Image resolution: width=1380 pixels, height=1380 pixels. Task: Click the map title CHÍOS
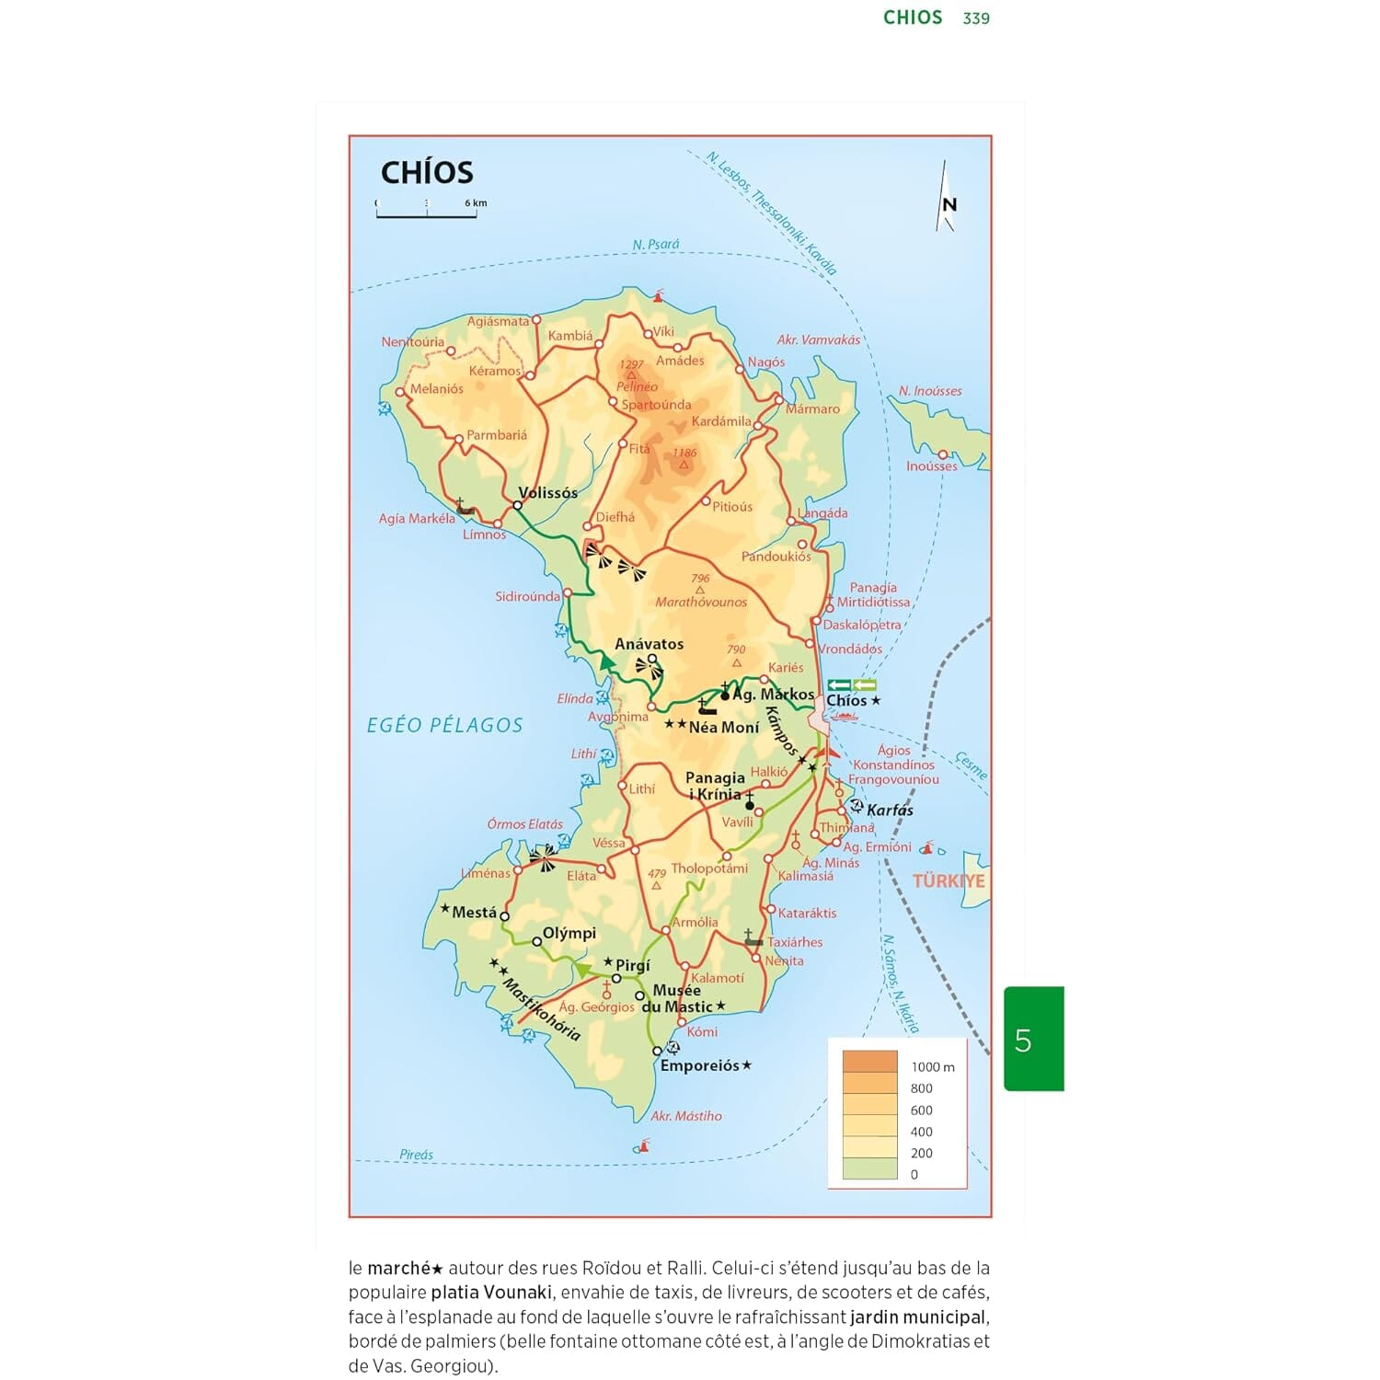tap(427, 172)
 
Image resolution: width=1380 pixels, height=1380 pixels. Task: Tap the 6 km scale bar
tap(426, 214)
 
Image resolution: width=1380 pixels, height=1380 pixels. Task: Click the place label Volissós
tap(547, 492)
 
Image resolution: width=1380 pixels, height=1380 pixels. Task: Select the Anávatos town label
tap(649, 644)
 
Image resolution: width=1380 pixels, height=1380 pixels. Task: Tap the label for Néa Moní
tap(723, 727)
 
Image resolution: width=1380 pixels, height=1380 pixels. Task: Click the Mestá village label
tap(474, 912)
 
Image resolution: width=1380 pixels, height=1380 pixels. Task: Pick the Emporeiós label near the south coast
tap(699, 1065)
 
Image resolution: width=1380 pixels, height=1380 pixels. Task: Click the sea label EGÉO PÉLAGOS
tap(444, 725)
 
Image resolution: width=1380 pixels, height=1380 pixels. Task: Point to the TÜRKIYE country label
tap(948, 880)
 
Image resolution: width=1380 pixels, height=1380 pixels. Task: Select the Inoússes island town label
tap(931, 466)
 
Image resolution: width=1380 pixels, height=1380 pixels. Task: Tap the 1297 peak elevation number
tap(631, 364)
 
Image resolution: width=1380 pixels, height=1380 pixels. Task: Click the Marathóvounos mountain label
tap(701, 602)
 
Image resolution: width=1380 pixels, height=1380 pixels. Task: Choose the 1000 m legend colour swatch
tap(869, 1063)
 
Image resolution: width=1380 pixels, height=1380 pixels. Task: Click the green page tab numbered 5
tap(1033, 1040)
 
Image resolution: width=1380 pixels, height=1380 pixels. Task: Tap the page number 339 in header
tap(976, 18)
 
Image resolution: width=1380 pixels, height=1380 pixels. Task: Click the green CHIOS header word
tap(913, 17)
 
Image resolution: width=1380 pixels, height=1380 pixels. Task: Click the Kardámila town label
tap(721, 421)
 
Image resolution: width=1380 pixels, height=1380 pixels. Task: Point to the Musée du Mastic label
tap(679, 998)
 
